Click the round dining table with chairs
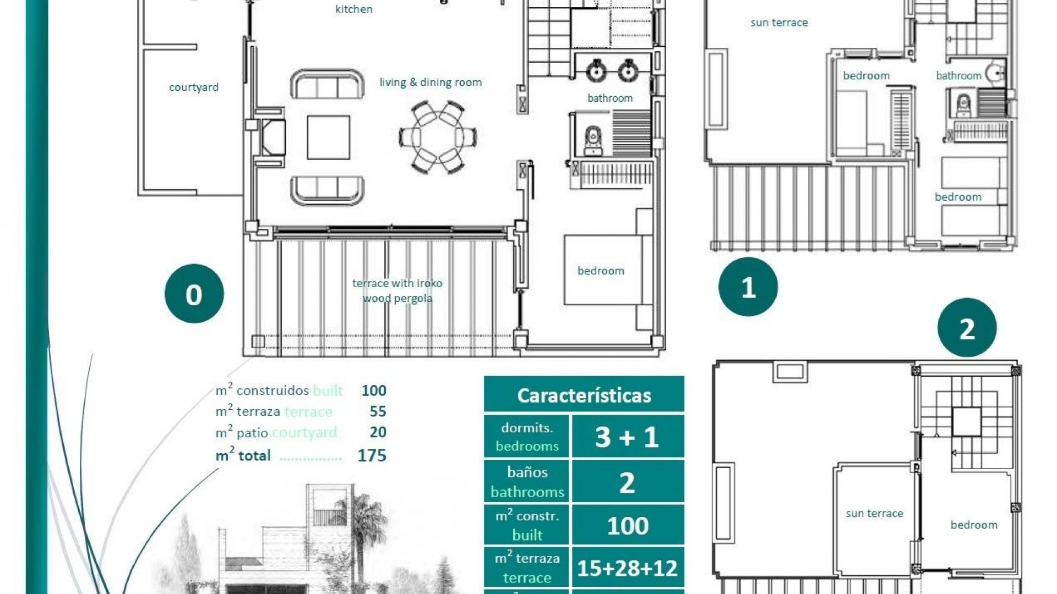(x=438, y=137)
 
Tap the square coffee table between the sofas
(x=329, y=137)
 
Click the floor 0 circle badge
(x=194, y=294)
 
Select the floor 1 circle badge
(x=748, y=287)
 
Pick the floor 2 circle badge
(x=967, y=328)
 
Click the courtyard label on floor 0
(x=194, y=87)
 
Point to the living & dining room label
(x=431, y=82)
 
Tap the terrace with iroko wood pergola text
(x=397, y=290)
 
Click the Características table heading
(x=584, y=395)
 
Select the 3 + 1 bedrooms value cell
(x=627, y=437)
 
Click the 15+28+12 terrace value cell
(x=627, y=568)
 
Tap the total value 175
(x=372, y=455)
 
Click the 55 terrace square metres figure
(x=378, y=411)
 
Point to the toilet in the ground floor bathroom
(x=592, y=140)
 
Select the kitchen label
(x=353, y=9)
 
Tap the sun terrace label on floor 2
(x=874, y=514)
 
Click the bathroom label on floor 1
(x=958, y=76)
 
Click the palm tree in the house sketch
(x=361, y=522)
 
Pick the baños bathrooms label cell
(x=527, y=482)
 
